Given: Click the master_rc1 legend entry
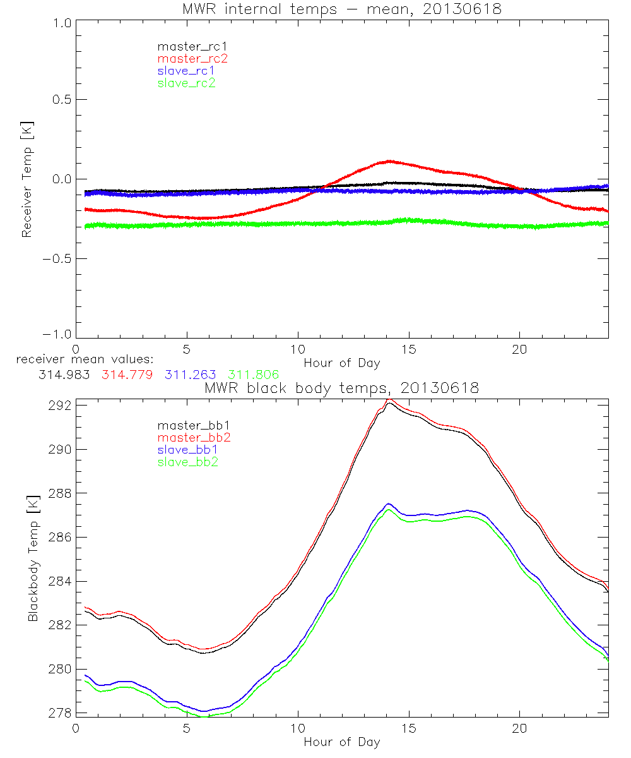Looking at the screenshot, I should pos(186,46).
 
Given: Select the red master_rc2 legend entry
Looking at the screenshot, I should pos(192,58).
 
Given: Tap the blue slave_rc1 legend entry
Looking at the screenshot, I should pos(186,70).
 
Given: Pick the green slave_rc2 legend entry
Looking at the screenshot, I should pos(186,82).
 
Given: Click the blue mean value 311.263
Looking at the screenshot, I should pos(190,375).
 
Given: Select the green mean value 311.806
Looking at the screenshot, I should pos(254,375).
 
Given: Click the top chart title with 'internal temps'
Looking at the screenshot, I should pos(342,8).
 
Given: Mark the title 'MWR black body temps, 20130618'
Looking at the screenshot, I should pos(342,388).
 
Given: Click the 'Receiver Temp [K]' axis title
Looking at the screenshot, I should pos(27,179).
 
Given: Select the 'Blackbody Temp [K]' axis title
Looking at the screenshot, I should pos(33,558).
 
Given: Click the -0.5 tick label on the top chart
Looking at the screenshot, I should pos(58,258).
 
